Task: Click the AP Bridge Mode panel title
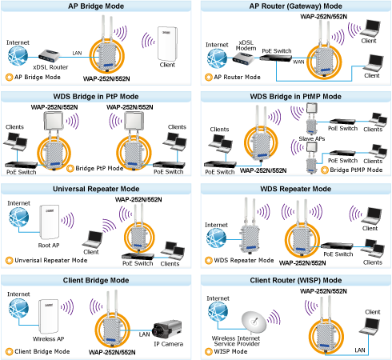(96, 6)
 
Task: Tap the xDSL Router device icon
(49, 56)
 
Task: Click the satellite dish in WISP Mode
(254, 322)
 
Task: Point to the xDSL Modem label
(246, 46)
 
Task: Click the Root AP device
(50, 222)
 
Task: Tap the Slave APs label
(312, 138)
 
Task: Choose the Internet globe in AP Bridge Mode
(18, 56)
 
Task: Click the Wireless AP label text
(48, 338)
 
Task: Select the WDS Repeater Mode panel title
(296, 189)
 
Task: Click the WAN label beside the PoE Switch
(298, 62)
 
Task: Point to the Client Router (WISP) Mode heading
(296, 280)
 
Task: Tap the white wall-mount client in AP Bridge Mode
(167, 44)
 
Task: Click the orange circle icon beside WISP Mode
(209, 352)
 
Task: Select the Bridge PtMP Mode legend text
(356, 170)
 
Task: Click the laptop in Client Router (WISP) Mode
(370, 326)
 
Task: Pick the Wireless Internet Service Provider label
(236, 341)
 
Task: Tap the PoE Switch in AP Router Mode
(276, 58)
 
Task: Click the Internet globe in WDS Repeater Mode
(216, 238)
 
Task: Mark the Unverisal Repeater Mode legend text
(51, 260)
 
